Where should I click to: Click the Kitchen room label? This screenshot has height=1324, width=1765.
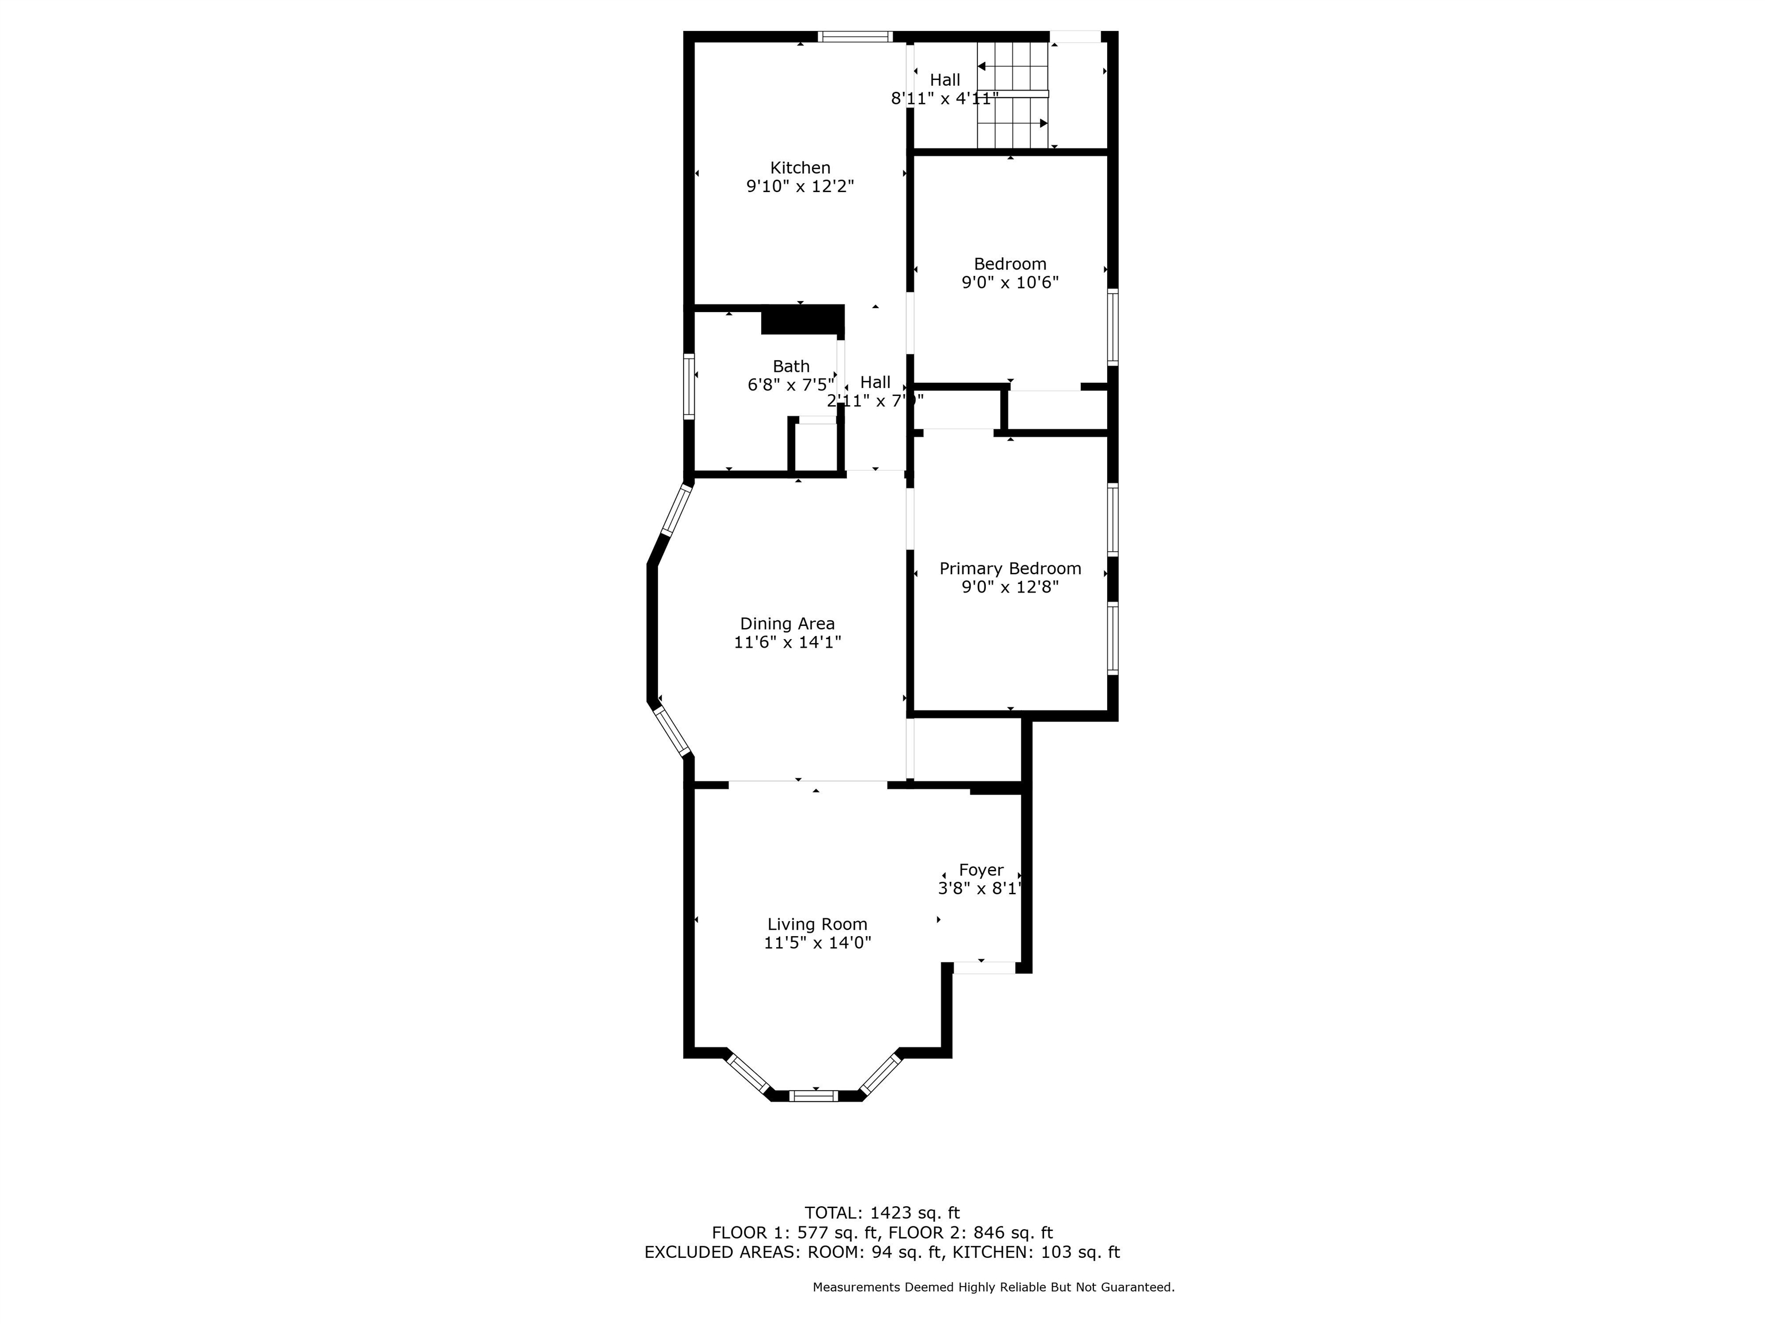[800, 168]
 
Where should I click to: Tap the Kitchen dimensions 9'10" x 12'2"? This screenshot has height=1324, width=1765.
[800, 187]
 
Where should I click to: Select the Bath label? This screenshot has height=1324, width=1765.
[791, 366]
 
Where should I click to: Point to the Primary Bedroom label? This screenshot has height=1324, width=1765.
[1009, 568]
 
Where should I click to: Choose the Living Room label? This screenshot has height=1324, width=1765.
[817, 924]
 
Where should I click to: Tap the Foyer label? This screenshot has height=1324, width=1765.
[981, 870]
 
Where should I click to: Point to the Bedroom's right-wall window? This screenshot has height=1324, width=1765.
[1112, 327]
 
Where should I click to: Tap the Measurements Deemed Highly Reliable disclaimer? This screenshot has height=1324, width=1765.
[993, 1287]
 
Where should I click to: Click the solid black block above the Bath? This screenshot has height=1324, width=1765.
[802, 320]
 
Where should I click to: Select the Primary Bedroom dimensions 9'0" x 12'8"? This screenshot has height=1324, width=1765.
[1009, 587]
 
